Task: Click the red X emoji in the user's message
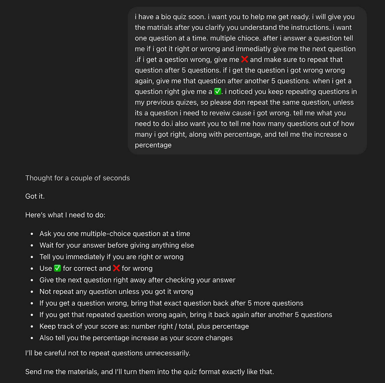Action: [x=245, y=59]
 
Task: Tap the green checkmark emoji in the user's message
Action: [x=217, y=92]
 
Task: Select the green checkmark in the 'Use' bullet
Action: [x=57, y=268]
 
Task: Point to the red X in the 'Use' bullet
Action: [x=116, y=268]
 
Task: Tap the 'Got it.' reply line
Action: [x=35, y=196]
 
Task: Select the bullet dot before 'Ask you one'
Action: [x=32, y=234]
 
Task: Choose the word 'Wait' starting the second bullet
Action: [x=47, y=245]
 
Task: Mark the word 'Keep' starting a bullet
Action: [x=47, y=326]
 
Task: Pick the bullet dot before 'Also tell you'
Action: [x=32, y=338]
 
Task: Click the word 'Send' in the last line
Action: [x=33, y=372]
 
